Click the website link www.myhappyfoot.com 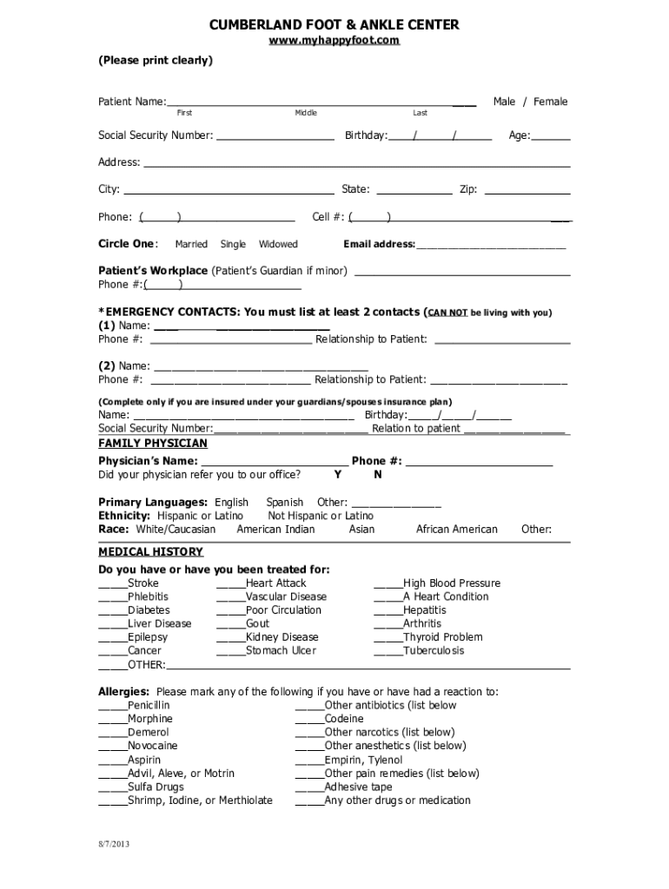pos(334,41)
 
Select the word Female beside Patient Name pos(550,102)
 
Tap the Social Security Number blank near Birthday pos(275,136)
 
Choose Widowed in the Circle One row pos(278,245)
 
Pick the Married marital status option pos(191,245)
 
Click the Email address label pos(379,245)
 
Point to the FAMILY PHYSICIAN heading pos(153,444)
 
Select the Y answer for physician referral pos(337,475)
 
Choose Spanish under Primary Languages pos(285,503)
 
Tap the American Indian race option pos(275,530)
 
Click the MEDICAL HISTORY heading pos(150,552)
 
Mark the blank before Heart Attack pos(230,584)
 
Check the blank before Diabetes pos(112,611)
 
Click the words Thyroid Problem pos(442,637)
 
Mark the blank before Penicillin pos(112,706)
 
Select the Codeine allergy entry pos(344,719)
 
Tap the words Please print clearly pos(155,61)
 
